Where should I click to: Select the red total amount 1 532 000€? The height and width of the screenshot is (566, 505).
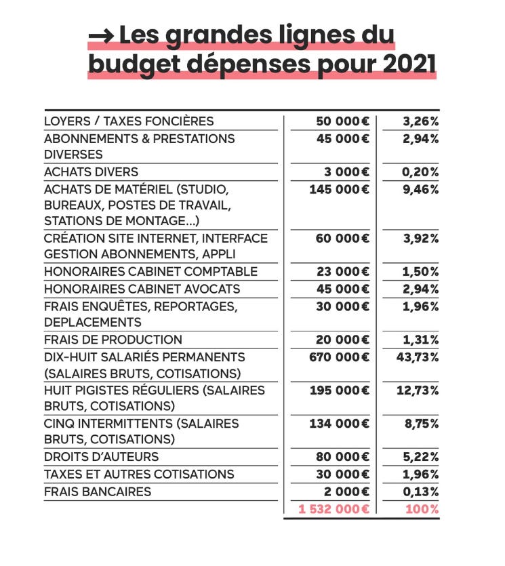334,508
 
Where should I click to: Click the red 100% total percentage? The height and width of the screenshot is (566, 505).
422,508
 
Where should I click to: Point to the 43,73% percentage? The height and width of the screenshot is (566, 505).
418,357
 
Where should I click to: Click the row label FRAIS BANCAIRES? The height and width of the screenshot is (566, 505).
98,491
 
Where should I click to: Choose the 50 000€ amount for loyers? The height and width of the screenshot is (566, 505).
343,121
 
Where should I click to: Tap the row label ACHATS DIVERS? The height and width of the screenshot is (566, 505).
91,171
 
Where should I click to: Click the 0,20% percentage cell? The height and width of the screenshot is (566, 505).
420,171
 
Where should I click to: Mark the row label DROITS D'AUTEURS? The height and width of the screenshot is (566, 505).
101,457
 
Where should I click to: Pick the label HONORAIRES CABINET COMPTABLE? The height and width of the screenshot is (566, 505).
150,272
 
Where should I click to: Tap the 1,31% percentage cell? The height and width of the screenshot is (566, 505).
421,340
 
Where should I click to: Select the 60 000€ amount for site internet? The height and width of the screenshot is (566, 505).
343,239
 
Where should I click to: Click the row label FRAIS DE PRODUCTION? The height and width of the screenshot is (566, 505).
113,340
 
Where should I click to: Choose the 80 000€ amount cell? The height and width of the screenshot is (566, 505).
343,457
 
